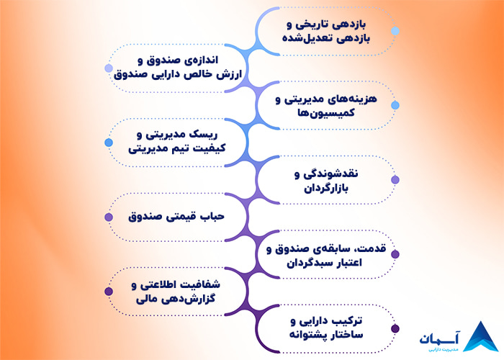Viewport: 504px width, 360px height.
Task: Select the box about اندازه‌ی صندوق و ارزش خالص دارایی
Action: click(x=177, y=68)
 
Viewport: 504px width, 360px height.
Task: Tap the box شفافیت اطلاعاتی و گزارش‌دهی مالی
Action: click(x=177, y=292)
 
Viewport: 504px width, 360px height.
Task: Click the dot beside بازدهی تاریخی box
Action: click(x=395, y=31)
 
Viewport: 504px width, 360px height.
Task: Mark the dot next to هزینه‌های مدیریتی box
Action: click(x=395, y=105)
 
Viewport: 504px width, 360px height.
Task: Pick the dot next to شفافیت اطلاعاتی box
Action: click(x=109, y=292)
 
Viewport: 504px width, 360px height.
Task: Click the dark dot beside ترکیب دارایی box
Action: click(x=395, y=329)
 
